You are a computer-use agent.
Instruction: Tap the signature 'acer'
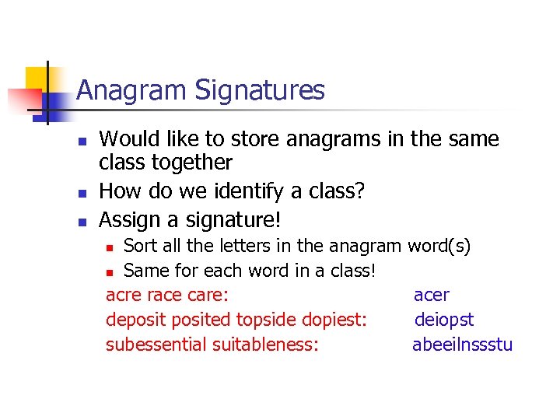[431, 295]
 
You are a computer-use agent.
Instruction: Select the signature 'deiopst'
[444, 320]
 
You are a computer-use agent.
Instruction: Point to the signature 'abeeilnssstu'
[462, 345]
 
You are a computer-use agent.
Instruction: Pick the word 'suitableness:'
[265, 345]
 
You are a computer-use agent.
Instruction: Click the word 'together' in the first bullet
[195, 163]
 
